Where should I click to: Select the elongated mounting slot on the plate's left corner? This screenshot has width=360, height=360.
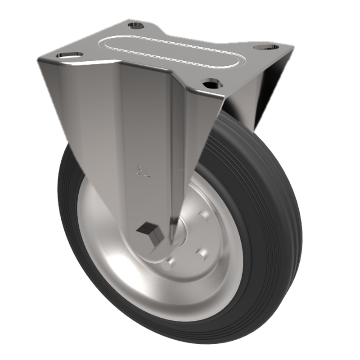[x=70, y=55]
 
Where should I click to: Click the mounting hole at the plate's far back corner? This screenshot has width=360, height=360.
[x=135, y=25]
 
